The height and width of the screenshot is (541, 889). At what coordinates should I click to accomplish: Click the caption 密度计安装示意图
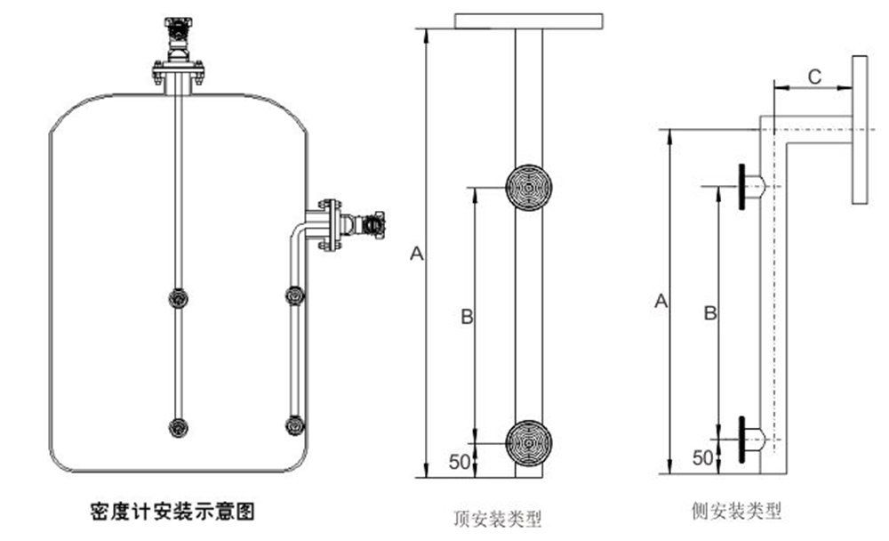click(x=172, y=511)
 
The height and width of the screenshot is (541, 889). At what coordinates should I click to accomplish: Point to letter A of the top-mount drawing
click(x=414, y=254)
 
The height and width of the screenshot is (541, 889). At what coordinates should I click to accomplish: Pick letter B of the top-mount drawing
click(x=465, y=318)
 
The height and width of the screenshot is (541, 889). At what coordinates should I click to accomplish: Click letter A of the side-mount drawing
click(x=661, y=302)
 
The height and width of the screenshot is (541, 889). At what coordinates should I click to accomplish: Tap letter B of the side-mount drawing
click(x=709, y=313)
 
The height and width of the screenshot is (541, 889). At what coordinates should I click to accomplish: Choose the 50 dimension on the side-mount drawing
click(x=702, y=457)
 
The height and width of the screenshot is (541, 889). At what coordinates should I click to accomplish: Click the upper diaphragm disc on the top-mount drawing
click(x=529, y=188)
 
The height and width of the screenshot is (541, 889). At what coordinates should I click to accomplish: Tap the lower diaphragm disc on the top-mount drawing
click(x=529, y=440)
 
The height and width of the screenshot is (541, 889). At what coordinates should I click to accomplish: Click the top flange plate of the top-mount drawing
click(x=530, y=20)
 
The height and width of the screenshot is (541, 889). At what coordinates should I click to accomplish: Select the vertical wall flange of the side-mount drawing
click(x=860, y=130)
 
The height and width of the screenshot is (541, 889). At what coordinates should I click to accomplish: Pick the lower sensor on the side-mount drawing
click(x=746, y=439)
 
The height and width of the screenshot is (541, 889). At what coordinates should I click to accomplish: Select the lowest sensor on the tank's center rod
click(x=179, y=427)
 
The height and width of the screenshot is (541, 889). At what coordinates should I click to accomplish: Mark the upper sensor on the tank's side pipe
click(x=294, y=295)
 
